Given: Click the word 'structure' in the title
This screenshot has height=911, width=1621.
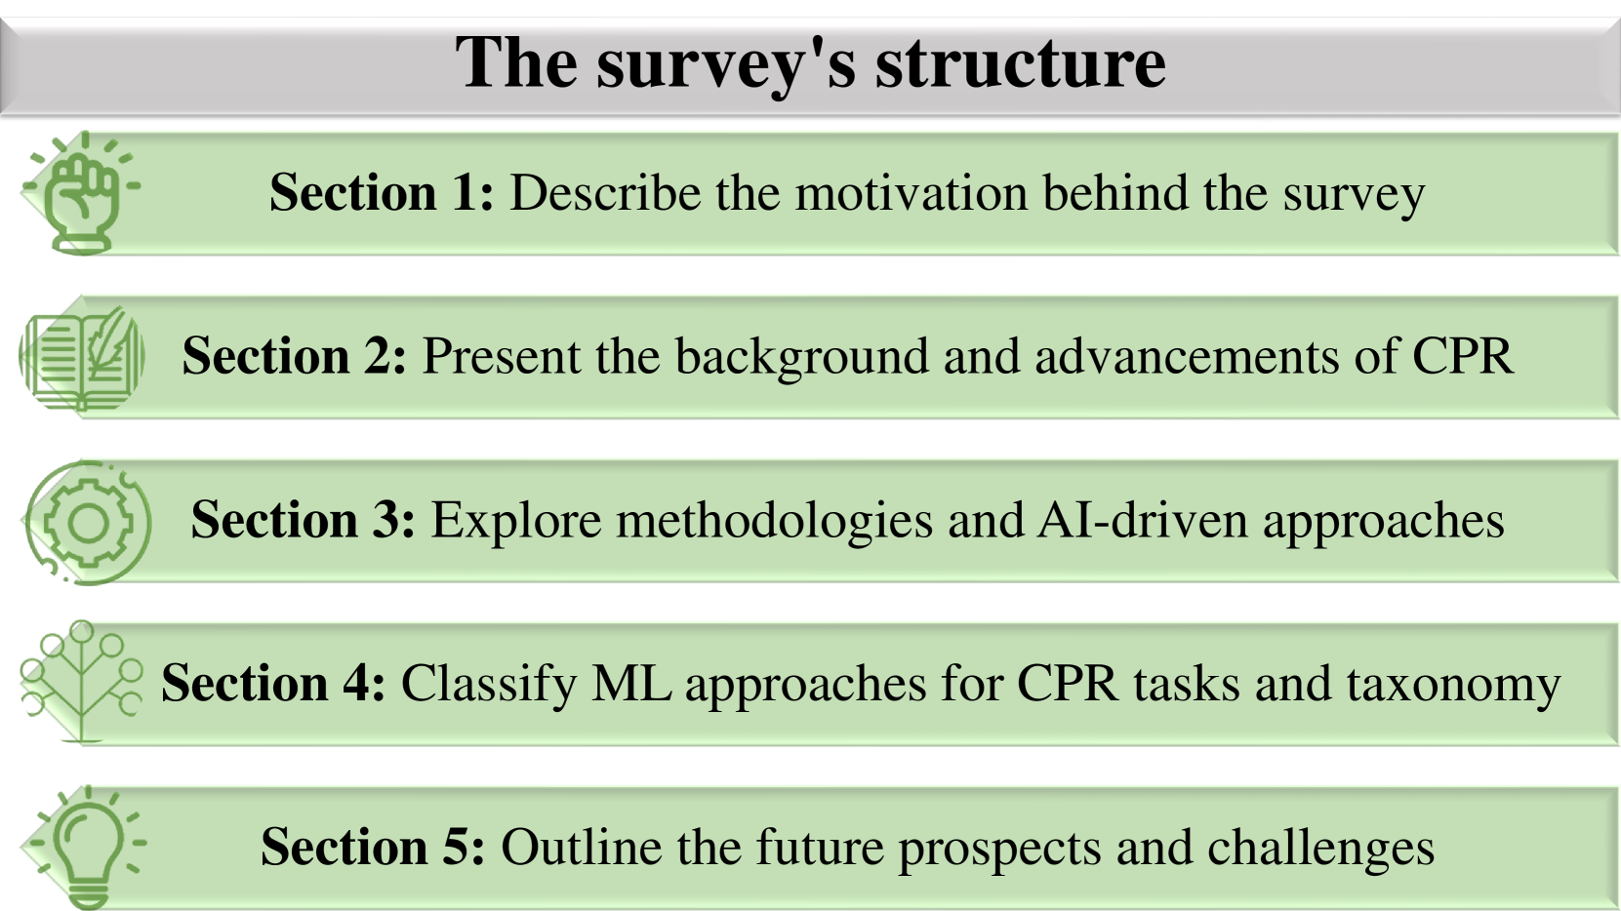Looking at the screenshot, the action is coord(1021,63).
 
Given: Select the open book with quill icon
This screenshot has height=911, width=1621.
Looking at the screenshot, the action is coord(82,357).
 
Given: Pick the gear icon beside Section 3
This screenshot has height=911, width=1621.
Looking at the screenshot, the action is coord(88,522).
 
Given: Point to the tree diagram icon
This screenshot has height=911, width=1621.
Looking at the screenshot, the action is coord(82,681).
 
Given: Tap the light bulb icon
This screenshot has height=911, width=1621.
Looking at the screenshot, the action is coord(88,847).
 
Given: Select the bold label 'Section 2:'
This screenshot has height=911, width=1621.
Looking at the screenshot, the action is coord(294,356).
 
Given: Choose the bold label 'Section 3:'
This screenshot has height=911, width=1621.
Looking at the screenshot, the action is coord(304,519).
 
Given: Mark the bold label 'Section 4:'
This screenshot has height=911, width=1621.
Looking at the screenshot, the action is coord(273,683).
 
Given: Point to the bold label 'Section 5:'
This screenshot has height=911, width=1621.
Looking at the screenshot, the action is coord(373,846).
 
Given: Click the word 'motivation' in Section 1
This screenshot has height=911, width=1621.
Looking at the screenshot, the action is coord(912,193).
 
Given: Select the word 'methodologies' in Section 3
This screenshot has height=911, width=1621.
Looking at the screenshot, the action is coord(774,521).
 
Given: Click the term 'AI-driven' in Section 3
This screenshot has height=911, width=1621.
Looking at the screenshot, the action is coord(1143,520).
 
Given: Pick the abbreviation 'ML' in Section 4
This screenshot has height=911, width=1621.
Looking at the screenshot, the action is coord(631,683).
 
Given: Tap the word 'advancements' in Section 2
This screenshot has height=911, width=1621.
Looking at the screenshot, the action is coord(1187,356).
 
